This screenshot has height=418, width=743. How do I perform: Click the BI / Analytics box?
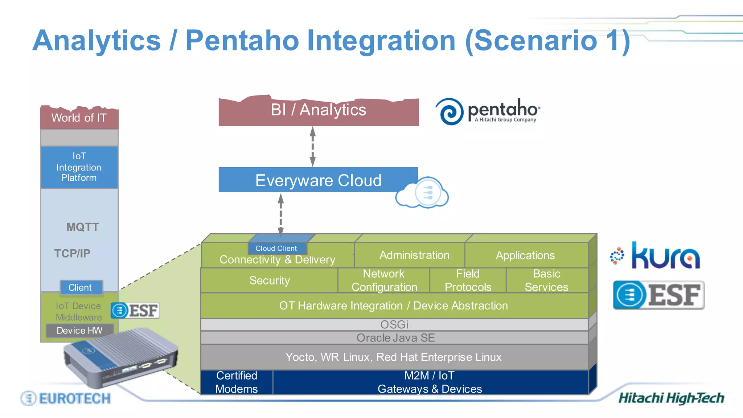point(319,111)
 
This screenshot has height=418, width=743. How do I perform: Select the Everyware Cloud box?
point(318,180)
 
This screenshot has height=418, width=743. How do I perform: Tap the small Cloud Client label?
point(276,249)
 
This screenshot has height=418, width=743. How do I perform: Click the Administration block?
point(414,255)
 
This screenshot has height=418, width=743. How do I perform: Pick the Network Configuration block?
point(384,280)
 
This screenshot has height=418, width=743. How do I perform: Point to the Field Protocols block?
point(468,280)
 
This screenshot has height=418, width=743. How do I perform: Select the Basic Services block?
point(546,280)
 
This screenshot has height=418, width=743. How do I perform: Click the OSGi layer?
point(394,324)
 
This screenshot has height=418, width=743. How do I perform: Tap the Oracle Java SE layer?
point(395,338)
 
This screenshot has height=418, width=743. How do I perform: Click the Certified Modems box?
point(237,382)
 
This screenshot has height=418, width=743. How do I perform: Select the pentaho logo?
point(488,111)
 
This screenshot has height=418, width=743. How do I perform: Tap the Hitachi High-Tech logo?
point(671,398)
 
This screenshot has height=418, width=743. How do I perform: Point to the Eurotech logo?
point(66,398)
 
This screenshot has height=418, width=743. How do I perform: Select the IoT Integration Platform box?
point(79,167)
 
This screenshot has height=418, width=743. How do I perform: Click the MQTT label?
point(82,227)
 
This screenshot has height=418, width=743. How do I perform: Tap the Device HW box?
point(79,331)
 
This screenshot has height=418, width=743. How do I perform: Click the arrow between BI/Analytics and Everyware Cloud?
point(312,147)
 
